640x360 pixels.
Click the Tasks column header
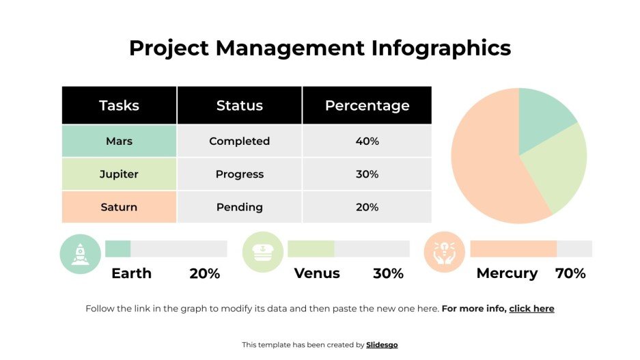click(119, 105)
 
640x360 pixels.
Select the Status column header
click(239, 105)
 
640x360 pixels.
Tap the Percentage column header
click(367, 105)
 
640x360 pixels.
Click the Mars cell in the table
click(119, 141)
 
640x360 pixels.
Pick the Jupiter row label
click(119, 174)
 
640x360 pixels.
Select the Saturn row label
click(119, 207)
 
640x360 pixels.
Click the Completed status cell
click(239, 141)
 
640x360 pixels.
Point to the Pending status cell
click(239, 207)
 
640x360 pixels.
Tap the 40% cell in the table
click(367, 141)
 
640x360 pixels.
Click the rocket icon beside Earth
click(81, 253)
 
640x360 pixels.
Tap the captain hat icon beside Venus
click(263, 252)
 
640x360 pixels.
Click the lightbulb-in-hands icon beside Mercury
click(444, 252)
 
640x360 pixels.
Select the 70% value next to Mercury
click(570, 273)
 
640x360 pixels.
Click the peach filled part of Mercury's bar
click(513, 249)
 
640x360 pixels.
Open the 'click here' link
click(531, 309)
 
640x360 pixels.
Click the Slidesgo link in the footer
click(382, 345)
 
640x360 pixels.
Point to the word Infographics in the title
click(441, 48)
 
